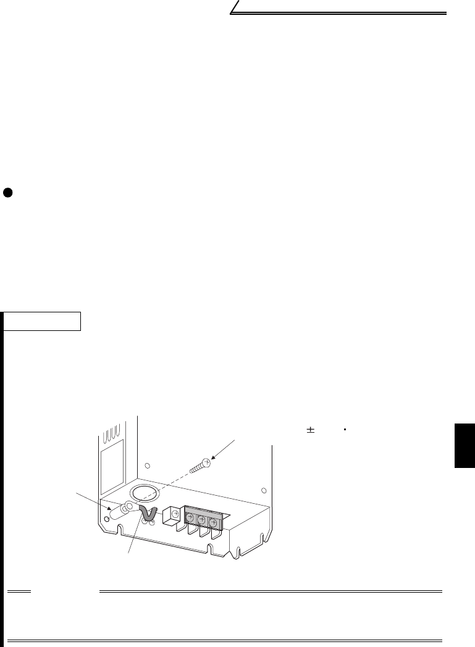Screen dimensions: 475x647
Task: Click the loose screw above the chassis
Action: [201, 465]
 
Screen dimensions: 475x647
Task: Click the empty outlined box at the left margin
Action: [43, 321]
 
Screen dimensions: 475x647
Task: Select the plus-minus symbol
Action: [311, 430]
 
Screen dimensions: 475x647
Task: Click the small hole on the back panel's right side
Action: [266, 489]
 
